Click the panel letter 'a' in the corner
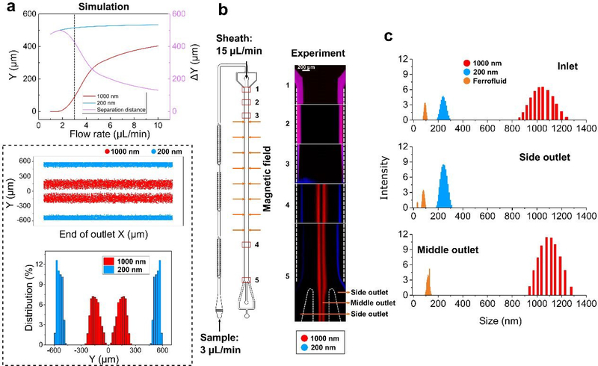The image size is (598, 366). [7, 9]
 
